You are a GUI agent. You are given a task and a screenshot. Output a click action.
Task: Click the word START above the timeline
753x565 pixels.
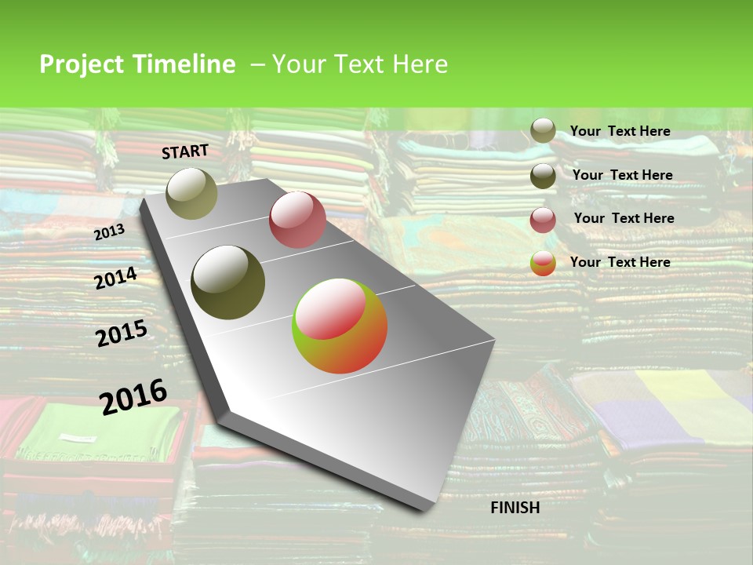click(185, 151)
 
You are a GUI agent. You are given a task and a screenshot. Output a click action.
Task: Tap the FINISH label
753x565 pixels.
click(515, 508)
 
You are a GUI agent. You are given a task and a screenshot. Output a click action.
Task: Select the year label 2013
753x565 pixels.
click(109, 232)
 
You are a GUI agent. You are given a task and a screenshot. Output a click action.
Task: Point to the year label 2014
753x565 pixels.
click(116, 278)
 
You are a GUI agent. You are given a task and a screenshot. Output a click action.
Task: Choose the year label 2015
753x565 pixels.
click(122, 334)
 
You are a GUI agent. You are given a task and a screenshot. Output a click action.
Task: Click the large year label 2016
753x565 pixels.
click(133, 396)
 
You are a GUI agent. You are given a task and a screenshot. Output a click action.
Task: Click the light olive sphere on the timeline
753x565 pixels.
click(191, 194)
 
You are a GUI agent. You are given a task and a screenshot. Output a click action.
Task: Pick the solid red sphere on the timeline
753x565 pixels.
click(297, 220)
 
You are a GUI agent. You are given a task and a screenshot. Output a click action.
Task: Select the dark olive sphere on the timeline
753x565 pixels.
click(228, 282)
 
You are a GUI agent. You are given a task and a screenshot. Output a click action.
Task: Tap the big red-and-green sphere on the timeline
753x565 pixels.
click(340, 326)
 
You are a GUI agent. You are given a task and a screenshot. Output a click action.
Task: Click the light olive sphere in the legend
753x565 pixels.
click(543, 131)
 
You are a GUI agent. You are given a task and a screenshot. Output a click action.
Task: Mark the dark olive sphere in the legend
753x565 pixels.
click(543, 176)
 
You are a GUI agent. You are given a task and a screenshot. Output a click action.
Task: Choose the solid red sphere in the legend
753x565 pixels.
click(543, 220)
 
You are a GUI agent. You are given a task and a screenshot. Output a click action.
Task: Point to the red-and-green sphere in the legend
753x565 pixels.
click(543, 263)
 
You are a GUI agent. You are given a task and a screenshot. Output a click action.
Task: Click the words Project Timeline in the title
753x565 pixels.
click(137, 64)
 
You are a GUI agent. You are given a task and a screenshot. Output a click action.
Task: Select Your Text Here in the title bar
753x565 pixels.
click(359, 64)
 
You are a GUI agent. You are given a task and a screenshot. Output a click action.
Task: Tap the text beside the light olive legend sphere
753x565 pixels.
click(620, 131)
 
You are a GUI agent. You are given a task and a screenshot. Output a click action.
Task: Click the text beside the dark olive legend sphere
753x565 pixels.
click(622, 175)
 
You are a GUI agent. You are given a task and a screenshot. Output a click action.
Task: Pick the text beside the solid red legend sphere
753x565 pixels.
click(624, 218)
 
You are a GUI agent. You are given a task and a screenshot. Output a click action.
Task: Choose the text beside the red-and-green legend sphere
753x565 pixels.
click(620, 262)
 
